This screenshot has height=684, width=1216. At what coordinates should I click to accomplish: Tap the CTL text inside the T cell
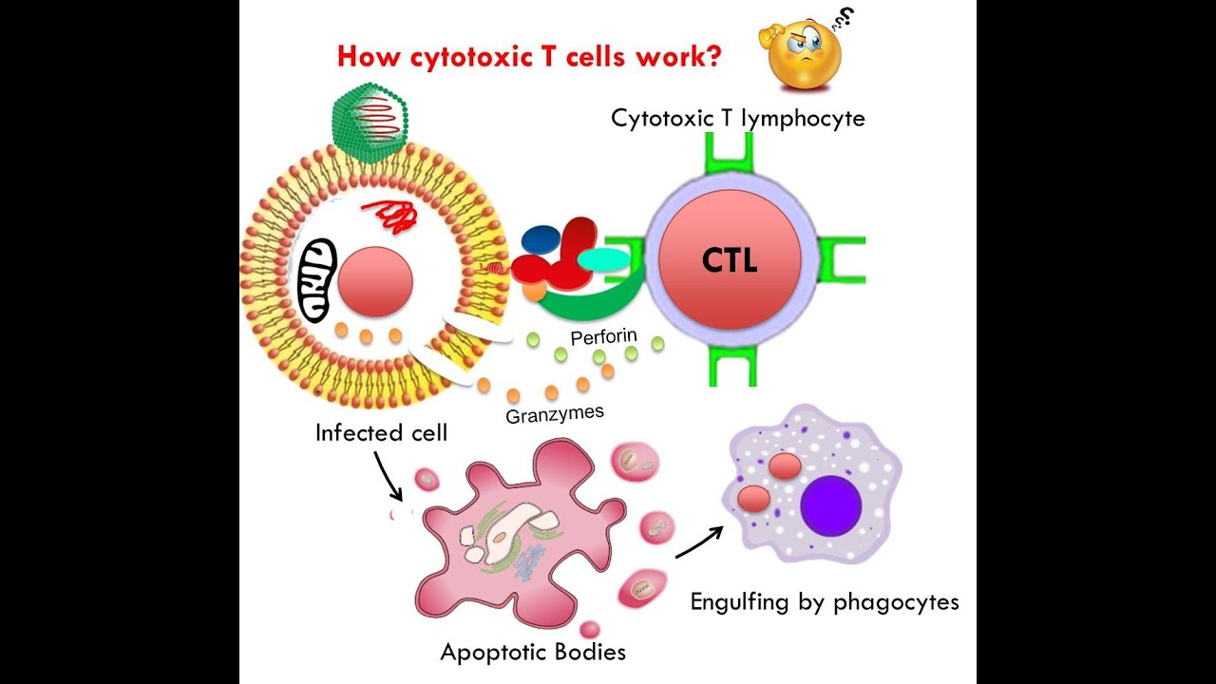click(x=730, y=259)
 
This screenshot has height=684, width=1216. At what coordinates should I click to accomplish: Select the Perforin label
click(x=603, y=337)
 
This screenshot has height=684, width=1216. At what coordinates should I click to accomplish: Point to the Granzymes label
click(x=555, y=414)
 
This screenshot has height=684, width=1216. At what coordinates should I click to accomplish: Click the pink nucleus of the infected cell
click(x=375, y=282)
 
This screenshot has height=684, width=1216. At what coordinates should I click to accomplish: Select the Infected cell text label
click(x=381, y=433)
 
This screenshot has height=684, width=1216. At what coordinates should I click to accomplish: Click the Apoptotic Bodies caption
click(x=533, y=653)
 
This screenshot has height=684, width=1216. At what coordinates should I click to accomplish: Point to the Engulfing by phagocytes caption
click(x=825, y=601)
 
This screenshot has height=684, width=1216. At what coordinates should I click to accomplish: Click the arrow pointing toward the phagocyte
click(x=699, y=541)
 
